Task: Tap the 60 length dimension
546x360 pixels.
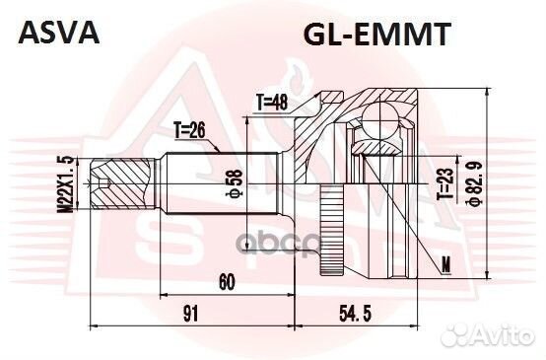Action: [226, 283]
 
